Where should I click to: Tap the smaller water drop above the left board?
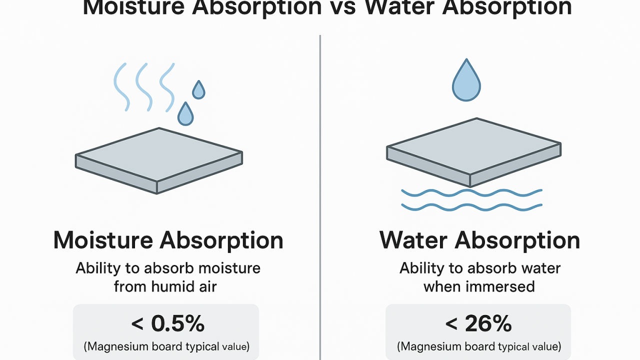[x=198, y=90]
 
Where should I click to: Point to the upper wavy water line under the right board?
[x=471, y=192]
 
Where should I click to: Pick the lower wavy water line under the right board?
[x=471, y=206]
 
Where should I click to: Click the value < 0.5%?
[x=168, y=324]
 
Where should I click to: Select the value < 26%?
[x=478, y=324]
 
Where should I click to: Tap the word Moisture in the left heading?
[x=102, y=240]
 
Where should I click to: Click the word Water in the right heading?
[x=413, y=240]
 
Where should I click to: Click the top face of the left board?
[x=159, y=154]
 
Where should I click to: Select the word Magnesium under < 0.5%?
[x=116, y=346]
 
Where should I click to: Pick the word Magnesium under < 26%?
[x=428, y=346]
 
